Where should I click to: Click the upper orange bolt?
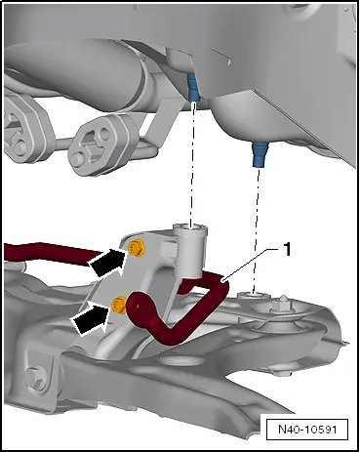tap(137, 248)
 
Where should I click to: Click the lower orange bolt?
tap(119, 306)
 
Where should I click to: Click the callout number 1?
tap(287, 250)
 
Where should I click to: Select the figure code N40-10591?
tap(307, 429)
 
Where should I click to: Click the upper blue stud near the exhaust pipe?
tap(192, 87)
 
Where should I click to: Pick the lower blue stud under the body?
tap(260, 154)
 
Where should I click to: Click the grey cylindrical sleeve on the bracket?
tap(190, 251)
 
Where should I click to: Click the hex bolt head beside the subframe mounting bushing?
tap(281, 306)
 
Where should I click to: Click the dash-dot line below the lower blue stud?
tap(257, 229)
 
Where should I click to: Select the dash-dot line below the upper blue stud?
tap(192, 163)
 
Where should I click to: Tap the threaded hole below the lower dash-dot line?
tap(254, 296)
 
